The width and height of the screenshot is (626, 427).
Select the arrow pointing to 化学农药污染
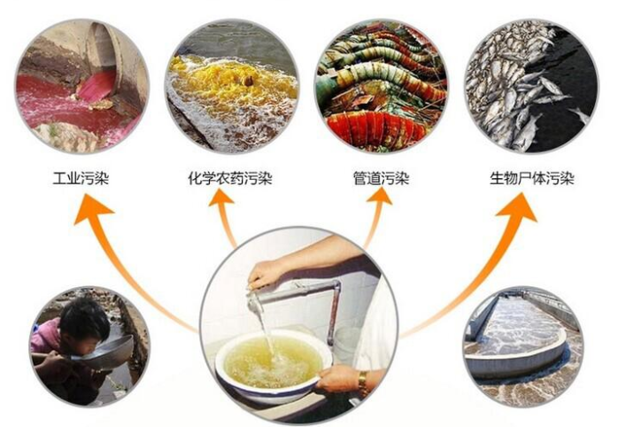pyautogui.click(x=223, y=217)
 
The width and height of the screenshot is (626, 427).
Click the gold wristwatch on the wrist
pyautogui.click(x=362, y=383)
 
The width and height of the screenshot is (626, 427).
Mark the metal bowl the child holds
pyautogui.click(x=111, y=351)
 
